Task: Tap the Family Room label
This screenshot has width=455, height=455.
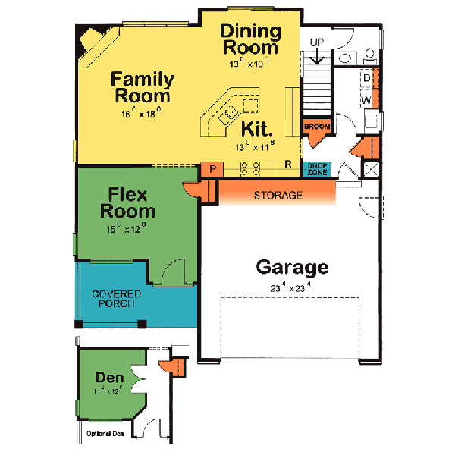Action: tap(142, 88)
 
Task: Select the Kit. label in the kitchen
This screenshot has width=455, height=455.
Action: tap(258, 128)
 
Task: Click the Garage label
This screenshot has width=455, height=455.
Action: tap(292, 267)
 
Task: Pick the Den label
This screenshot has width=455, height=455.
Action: tap(109, 377)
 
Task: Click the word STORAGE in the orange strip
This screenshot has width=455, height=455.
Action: tap(278, 196)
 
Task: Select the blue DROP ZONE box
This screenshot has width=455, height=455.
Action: tap(317, 170)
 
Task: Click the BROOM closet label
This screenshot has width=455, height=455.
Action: tap(316, 126)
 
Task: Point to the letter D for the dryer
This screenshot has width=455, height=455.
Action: tap(366, 77)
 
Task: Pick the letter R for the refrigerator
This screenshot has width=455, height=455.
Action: tap(288, 163)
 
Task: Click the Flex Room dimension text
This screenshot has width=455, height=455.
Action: tap(127, 227)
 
